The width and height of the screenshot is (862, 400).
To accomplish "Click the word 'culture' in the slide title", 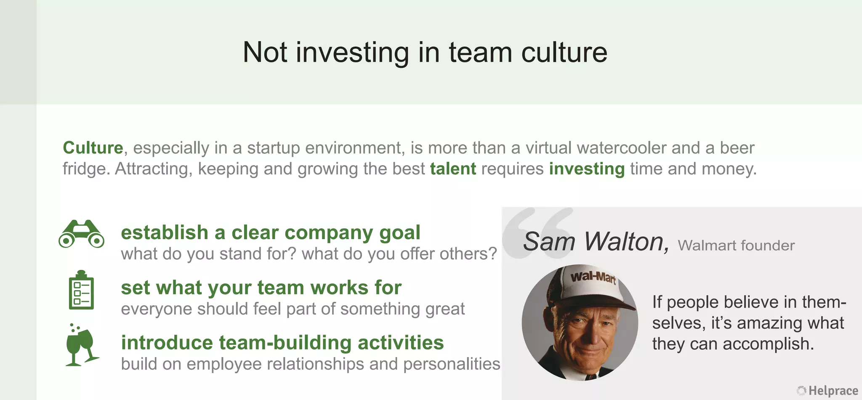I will pos(564,53).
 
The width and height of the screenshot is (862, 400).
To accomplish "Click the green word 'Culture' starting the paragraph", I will pos(93,148).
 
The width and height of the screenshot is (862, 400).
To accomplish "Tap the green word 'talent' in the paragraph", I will pos(453,169).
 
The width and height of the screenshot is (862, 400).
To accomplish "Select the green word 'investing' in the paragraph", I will pos(587,169).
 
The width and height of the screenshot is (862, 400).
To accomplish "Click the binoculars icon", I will pos(81,234).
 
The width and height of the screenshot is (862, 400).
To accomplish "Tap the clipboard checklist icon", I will pos(81,290).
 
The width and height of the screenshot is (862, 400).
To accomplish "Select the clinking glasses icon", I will pos(81,345).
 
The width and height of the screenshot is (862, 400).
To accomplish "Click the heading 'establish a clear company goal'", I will pos(270,233).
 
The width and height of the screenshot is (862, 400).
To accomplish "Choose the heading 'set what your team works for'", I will pos(261,288).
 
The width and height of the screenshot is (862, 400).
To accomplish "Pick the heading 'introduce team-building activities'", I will pos(282,343).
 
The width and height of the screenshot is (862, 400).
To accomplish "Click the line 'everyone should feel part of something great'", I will pos(293,309).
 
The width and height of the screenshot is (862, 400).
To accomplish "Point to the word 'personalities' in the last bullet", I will pos(452,364).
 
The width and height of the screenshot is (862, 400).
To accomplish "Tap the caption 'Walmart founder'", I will pos(736,245).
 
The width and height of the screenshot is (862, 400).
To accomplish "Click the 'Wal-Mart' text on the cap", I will pos(593,277).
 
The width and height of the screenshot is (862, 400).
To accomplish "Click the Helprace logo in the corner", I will pos(827,391).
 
